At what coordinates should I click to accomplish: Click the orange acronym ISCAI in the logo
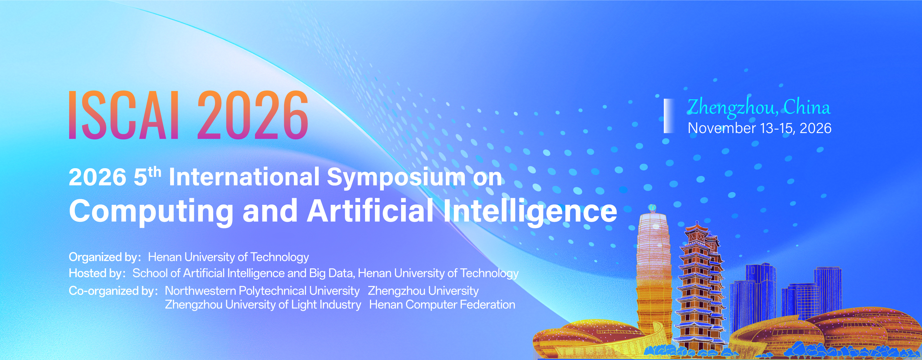click(124, 115)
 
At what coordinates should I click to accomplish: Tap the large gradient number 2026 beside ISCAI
click(253, 115)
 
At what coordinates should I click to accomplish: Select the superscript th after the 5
click(154, 172)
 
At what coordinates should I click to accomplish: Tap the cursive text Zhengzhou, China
click(758, 107)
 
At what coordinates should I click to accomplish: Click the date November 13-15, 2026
click(759, 128)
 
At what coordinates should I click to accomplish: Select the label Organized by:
click(105, 257)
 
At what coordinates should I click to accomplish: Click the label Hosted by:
click(97, 273)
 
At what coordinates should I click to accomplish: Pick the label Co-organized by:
click(113, 291)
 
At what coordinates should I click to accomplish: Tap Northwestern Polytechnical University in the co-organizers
click(262, 291)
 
